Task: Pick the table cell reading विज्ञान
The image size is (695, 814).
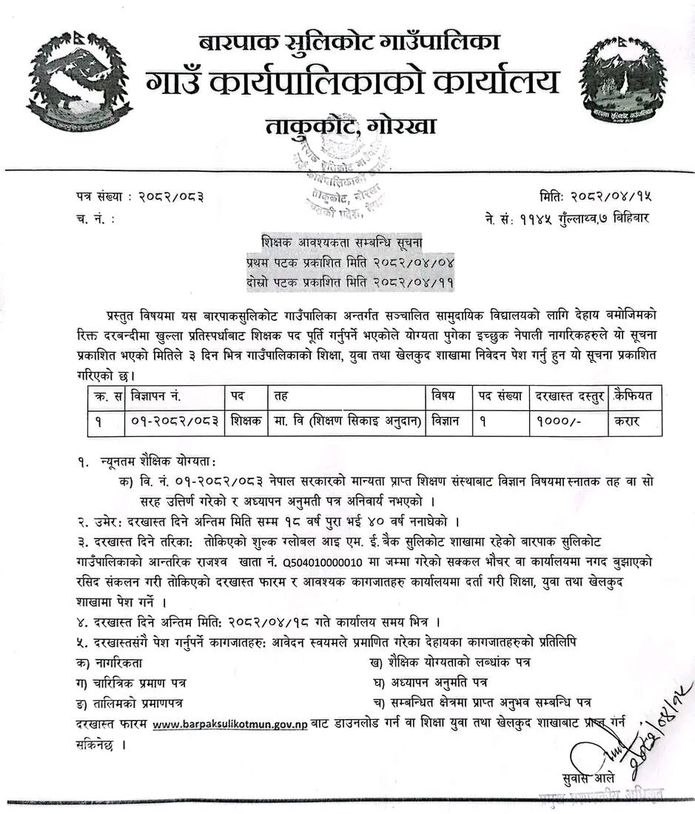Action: click(446, 421)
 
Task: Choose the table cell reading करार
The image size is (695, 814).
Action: click(624, 421)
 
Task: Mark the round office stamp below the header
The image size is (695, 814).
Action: click(340, 185)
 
